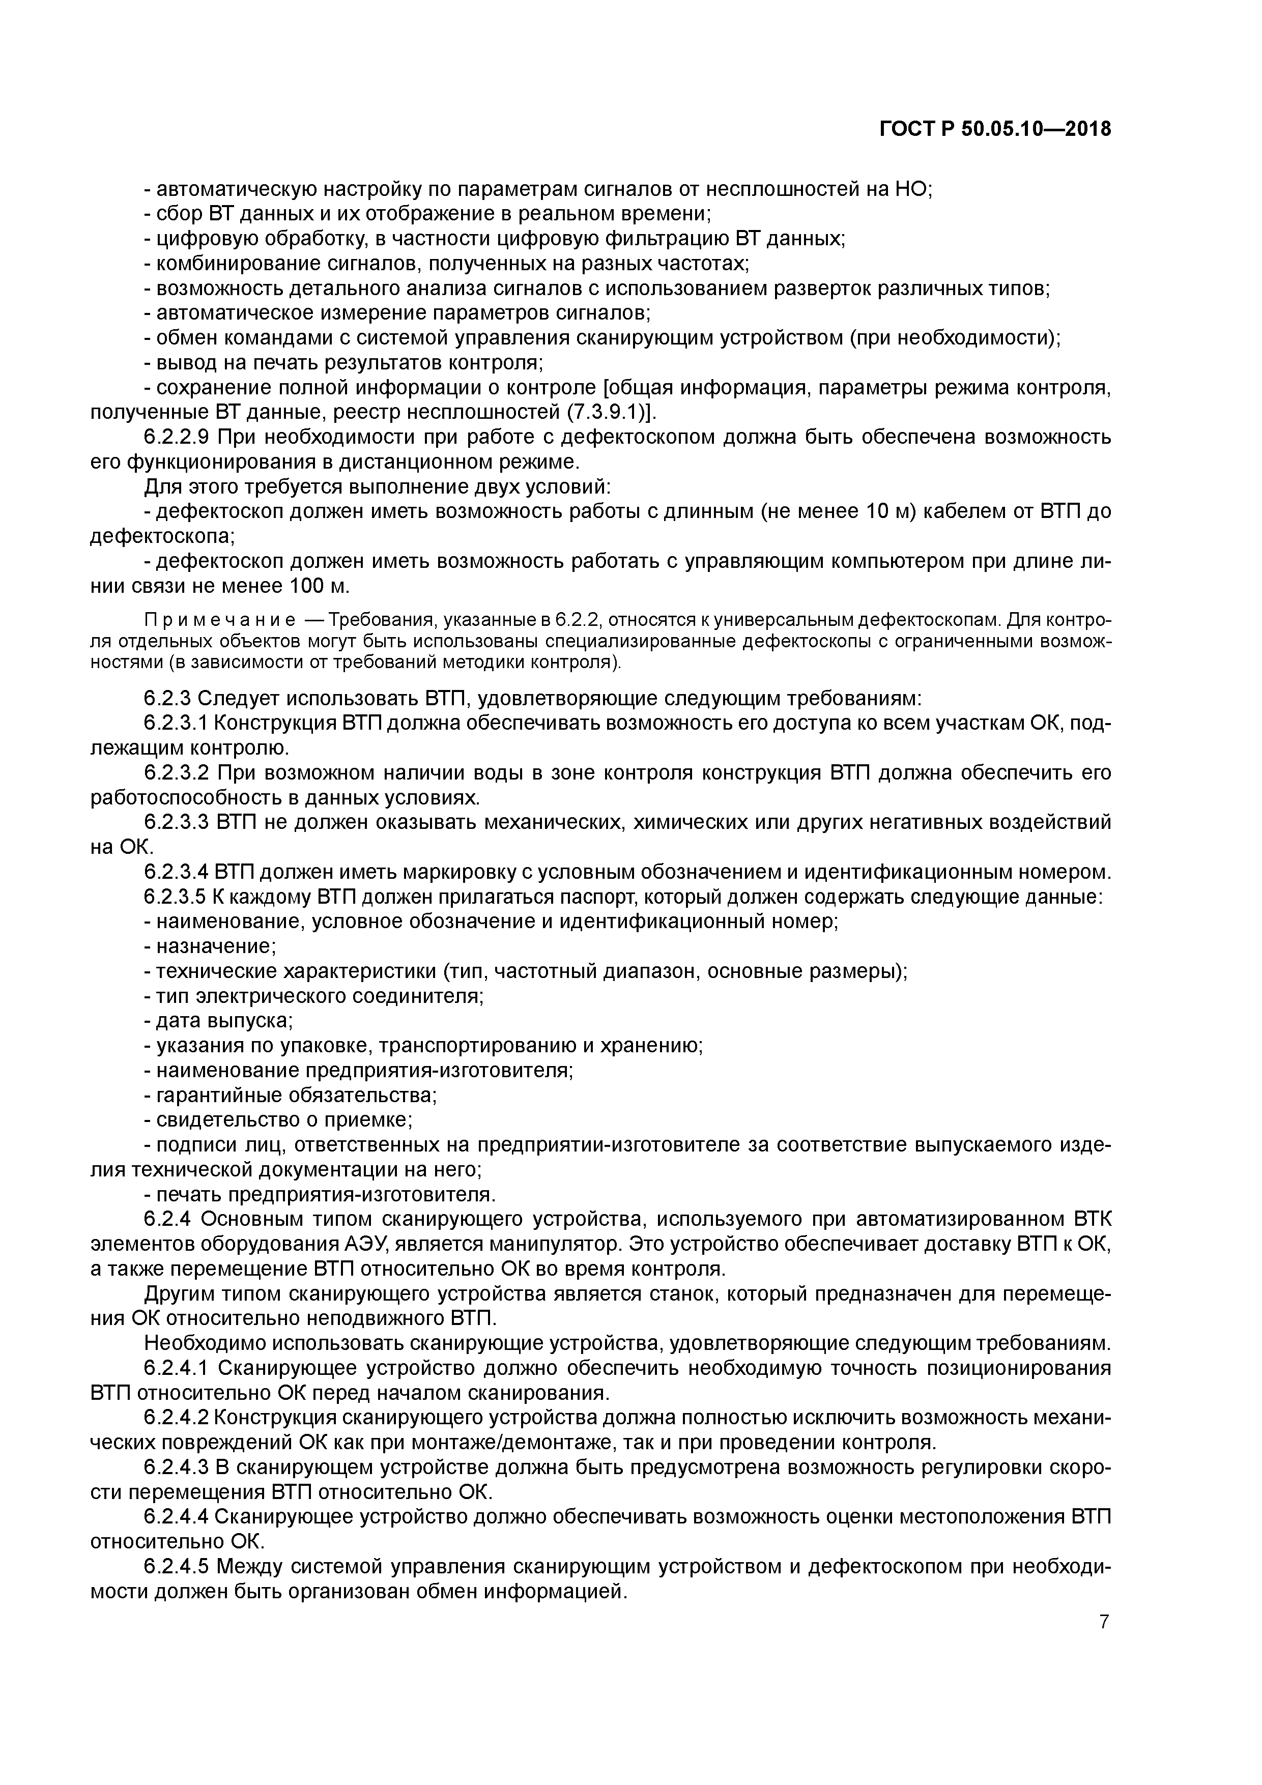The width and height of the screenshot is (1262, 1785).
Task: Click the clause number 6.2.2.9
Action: tap(177, 437)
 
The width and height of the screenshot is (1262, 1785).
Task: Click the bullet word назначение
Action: tap(215, 947)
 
